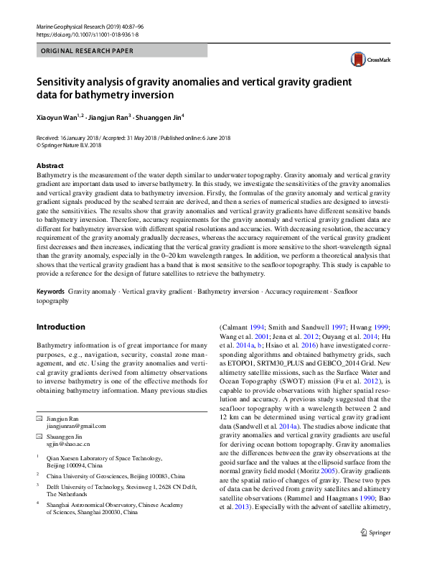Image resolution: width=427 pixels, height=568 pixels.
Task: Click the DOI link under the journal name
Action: coord(80,34)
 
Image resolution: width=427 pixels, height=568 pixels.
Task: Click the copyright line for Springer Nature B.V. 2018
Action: coord(72,144)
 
